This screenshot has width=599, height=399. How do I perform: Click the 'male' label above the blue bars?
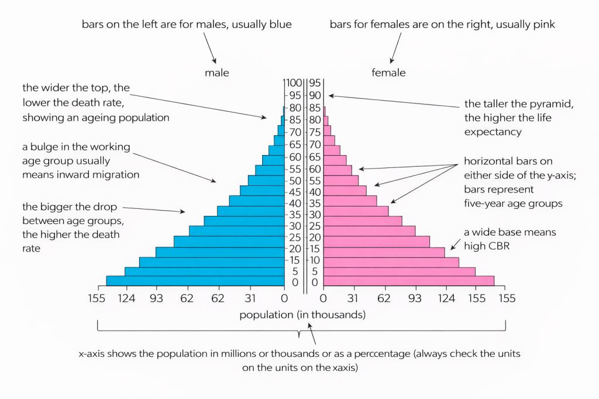pyautogui.click(x=216, y=73)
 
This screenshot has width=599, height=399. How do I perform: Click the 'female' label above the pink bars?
pyautogui.click(x=388, y=73)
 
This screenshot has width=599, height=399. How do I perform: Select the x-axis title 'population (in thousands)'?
pyautogui.click(x=302, y=315)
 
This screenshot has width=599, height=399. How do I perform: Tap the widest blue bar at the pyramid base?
pyautogui.click(x=195, y=281)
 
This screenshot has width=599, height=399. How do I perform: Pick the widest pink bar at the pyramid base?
pyautogui.click(x=408, y=281)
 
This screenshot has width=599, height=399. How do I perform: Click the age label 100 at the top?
pyautogui.click(x=293, y=82)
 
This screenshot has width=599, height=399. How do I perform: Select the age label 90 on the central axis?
pyautogui.click(x=315, y=95)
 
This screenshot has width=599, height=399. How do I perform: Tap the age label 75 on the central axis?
pyautogui.click(x=315, y=132)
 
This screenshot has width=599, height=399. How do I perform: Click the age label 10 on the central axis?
pyautogui.click(x=315, y=259)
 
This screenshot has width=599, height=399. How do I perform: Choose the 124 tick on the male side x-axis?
pyautogui.click(x=127, y=299)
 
